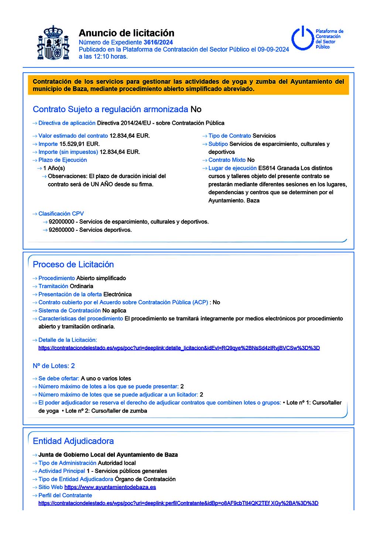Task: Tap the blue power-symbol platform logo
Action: coord(303,38)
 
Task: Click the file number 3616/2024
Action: coord(158,42)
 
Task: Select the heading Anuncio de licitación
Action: coord(126,33)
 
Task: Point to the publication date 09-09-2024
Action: coord(273,49)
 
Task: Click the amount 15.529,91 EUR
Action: coord(79,144)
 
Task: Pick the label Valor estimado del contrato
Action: coord(73,136)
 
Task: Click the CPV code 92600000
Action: coord(61,230)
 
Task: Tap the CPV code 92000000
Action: coord(61,222)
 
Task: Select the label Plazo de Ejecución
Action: coord(63,160)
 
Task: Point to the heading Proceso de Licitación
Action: coord(73,264)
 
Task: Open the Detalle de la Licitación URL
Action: coord(179,348)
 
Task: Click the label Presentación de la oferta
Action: coord(70,295)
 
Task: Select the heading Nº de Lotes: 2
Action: coord(54,366)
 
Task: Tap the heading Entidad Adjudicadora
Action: coord(73,441)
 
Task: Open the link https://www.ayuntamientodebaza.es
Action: coord(110,487)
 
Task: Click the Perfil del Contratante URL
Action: coord(178,503)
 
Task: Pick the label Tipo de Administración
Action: coord(67,463)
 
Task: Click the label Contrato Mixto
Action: coord(227,160)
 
